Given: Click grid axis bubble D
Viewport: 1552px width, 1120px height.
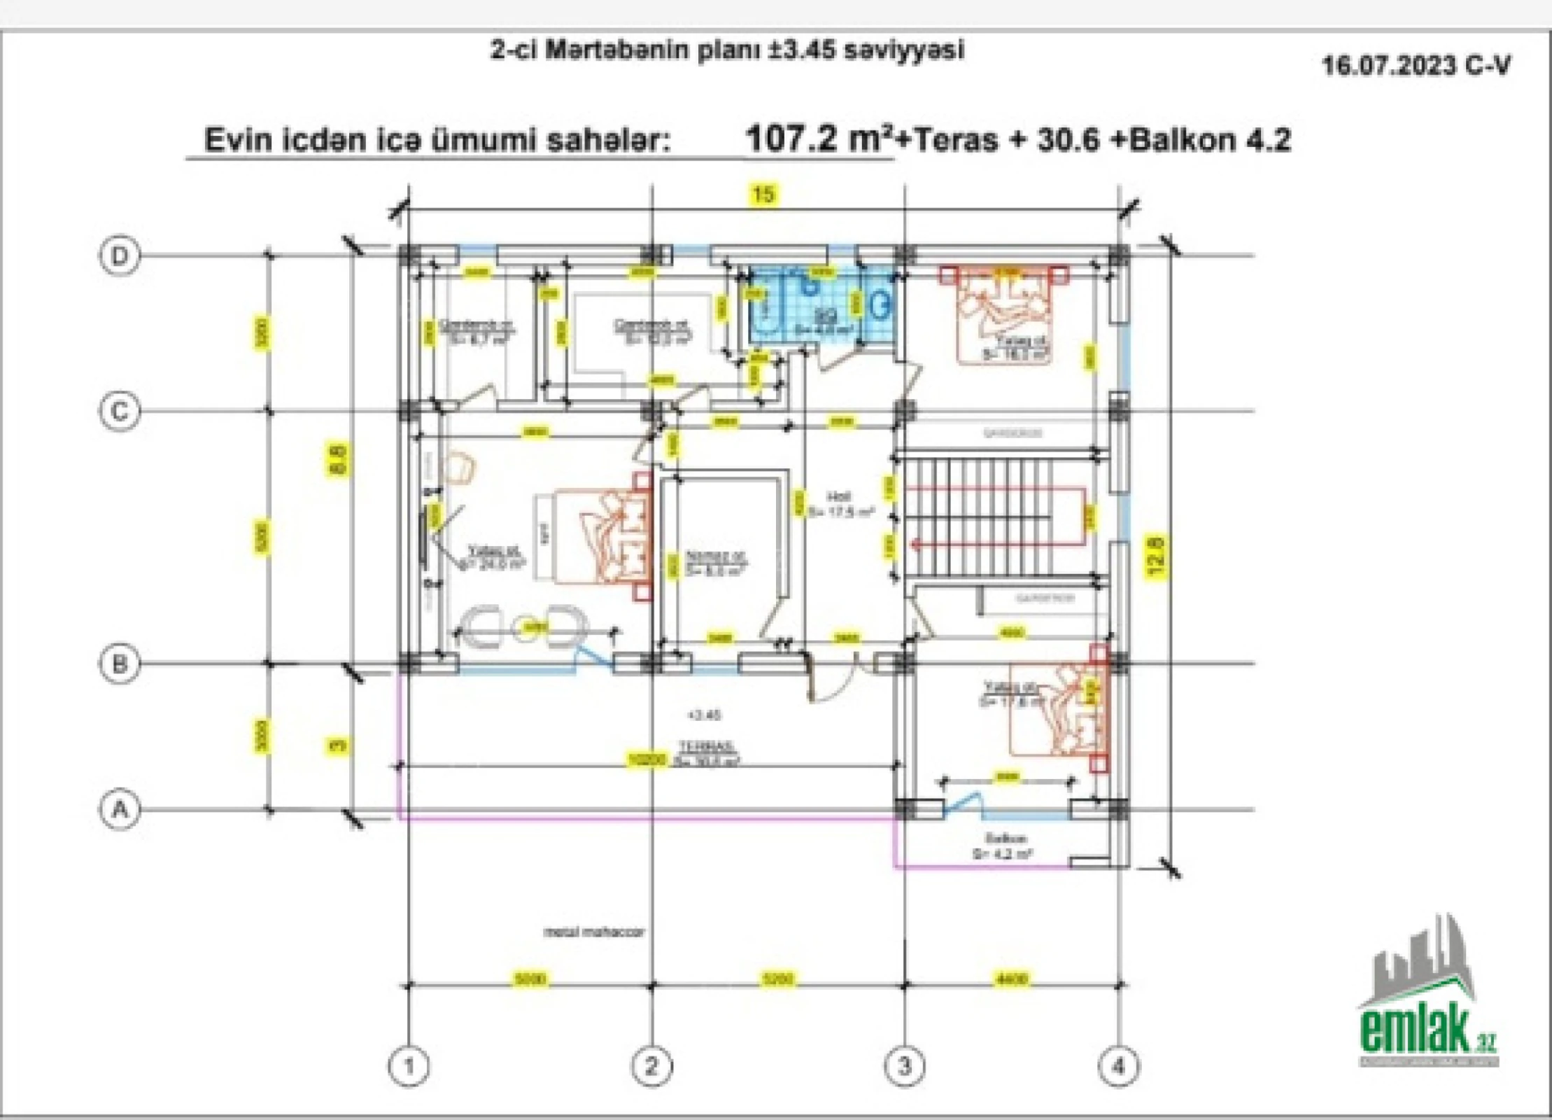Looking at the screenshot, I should coord(120,255).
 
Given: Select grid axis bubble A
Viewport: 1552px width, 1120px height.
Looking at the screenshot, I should coord(120,810).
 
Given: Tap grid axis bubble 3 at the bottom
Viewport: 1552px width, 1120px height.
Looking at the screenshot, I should coord(904,1065).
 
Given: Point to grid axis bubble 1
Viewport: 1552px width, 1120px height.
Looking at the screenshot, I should coord(409,1065).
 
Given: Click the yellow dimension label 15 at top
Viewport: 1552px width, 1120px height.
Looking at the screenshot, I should coord(764,194).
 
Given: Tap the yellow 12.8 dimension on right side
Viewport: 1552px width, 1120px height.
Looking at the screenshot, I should coord(1156,556).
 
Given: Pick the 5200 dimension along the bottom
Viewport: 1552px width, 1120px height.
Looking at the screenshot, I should coord(777,978).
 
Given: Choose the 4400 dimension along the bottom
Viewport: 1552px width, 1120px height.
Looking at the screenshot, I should coord(1011,978).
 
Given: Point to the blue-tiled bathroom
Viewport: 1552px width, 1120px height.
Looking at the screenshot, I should coord(822,308).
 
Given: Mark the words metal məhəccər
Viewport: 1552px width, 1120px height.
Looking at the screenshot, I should coord(594,932).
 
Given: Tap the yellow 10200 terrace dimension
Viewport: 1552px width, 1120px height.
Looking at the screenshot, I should coord(647,759).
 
